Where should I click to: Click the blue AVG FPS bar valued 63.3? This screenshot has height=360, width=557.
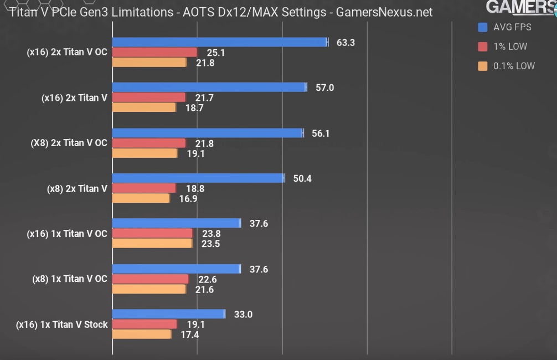click(x=220, y=42)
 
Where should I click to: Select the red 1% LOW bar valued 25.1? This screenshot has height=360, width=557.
click(x=154, y=52)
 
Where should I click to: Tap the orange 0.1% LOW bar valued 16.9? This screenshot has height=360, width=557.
click(x=141, y=198)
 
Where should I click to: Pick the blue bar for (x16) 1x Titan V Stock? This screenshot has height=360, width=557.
click(x=169, y=314)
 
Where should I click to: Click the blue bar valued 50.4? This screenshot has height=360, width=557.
click(x=198, y=178)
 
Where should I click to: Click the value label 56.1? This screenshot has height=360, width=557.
click(x=321, y=133)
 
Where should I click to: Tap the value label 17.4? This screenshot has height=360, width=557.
click(x=190, y=335)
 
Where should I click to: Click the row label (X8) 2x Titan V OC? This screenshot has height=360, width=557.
click(x=69, y=143)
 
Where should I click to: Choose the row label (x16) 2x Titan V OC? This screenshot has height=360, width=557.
click(x=67, y=52)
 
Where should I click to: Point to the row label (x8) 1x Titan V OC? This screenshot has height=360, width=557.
click(x=70, y=279)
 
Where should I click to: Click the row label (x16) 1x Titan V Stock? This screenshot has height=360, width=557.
click(x=62, y=325)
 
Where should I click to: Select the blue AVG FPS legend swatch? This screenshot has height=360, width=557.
click(x=482, y=27)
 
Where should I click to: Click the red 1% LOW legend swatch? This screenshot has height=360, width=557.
click(x=482, y=47)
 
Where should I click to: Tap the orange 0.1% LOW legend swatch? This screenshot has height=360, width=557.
click(x=482, y=66)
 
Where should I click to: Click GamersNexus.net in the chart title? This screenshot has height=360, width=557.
click(x=384, y=12)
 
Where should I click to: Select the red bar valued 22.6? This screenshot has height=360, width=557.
click(x=151, y=279)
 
